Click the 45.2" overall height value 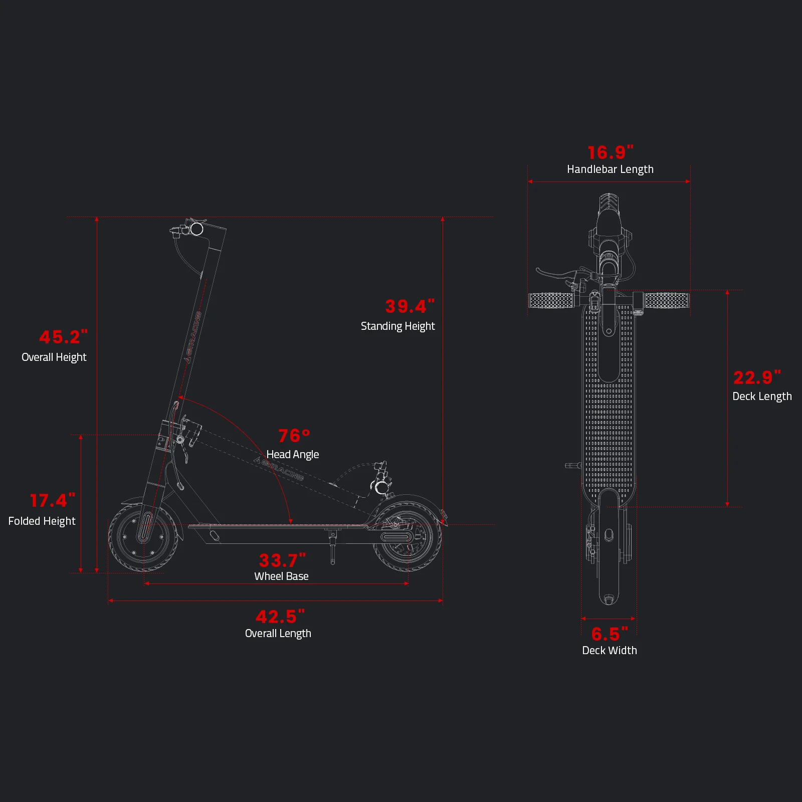(x=63, y=337)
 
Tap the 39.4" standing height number (x=410, y=306)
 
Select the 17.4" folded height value (x=52, y=500)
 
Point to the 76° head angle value (x=294, y=436)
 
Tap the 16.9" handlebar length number (x=610, y=152)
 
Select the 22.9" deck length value (x=757, y=377)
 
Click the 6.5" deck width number (x=609, y=634)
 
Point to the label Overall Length (x=278, y=634)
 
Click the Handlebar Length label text (x=610, y=169)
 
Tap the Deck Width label (x=610, y=651)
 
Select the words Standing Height (x=397, y=326)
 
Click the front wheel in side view (x=143, y=537)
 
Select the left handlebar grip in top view (x=551, y=301)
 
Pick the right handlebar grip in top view (x=667, y=301)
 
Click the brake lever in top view (x=556, y=274)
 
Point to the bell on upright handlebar (x=196, y=230)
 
